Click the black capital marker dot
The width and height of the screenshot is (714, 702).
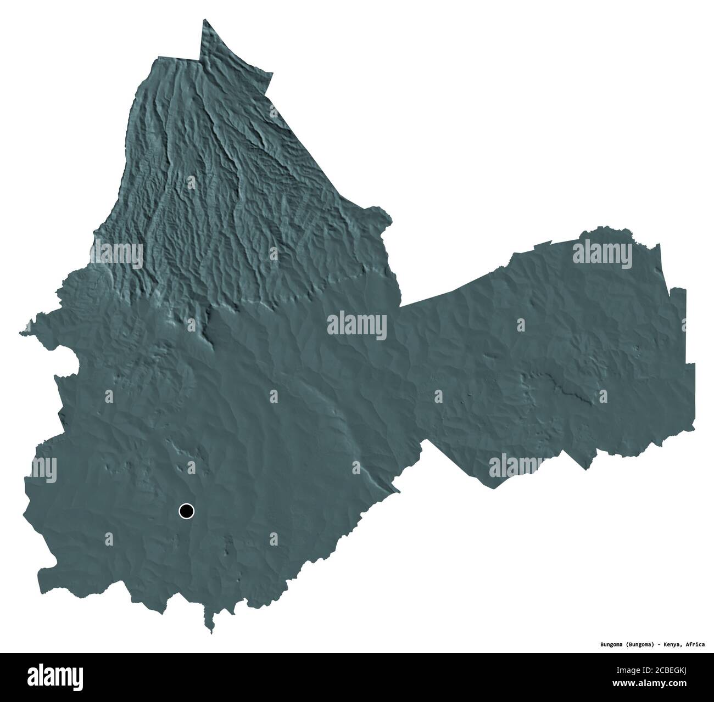(x=187, y=512)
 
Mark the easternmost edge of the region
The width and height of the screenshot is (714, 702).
(x=694, y=384)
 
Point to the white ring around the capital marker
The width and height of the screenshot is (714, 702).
(x=187, y=504)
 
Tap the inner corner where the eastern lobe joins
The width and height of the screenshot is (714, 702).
(x=400, y=305)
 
